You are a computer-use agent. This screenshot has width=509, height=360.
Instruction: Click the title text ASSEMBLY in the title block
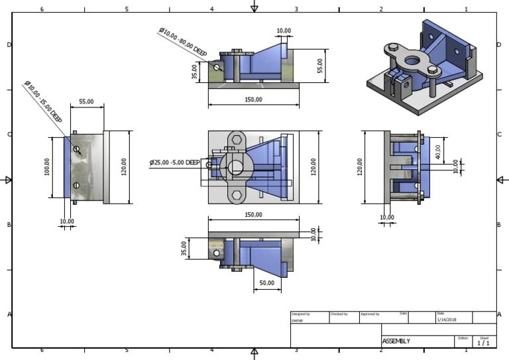[x=396, y=341]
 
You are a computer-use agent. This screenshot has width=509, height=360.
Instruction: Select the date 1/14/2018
[x=447, y=320]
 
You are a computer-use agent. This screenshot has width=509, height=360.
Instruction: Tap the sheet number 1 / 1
[x=483, y=343]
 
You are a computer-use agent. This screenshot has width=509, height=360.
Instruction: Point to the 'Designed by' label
[x=300, y=314]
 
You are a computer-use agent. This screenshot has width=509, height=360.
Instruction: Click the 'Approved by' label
[x=370, y=314]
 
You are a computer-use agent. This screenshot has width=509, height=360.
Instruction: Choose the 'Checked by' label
[x=338, y=314]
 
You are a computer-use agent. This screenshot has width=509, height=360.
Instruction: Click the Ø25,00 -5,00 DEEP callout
[x=174, y=162]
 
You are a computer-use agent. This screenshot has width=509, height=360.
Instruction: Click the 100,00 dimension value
[x=46, y=167]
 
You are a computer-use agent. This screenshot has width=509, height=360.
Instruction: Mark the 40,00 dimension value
[x=437, y=150]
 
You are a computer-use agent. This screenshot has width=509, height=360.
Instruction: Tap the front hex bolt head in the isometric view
[x=433, y=69]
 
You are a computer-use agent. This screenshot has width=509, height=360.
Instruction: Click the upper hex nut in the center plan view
[x=236, y=140]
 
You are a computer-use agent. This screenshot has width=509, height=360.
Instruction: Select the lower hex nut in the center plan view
[x=236, y=196]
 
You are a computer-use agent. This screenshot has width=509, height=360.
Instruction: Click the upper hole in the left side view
[x=77, y=150]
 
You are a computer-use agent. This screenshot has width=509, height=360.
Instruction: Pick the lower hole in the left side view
[x=77, y=185]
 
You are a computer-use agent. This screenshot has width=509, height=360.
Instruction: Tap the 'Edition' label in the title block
[x=463, y=337]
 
